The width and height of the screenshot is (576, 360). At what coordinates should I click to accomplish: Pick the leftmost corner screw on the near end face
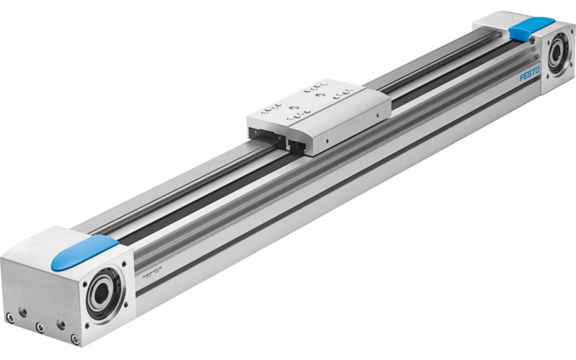[x=9, y=315]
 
